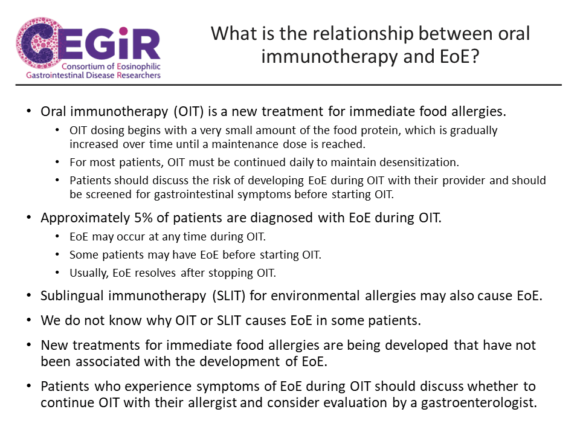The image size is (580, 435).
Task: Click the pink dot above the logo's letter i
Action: tap(123, 31)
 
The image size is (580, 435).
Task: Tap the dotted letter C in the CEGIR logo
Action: tap(37, 43)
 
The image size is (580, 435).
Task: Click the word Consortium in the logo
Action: tap(83, 66)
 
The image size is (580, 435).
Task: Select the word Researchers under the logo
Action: tap(139, 76)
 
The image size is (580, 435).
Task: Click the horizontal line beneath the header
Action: tap(289, 85)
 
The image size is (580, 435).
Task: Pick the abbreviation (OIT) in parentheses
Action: tap(188, 112)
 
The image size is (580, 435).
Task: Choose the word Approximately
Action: tap(85, 219)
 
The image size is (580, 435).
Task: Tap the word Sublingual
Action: tap(72, 296)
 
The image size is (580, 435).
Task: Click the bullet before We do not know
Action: tap(29, 320)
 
